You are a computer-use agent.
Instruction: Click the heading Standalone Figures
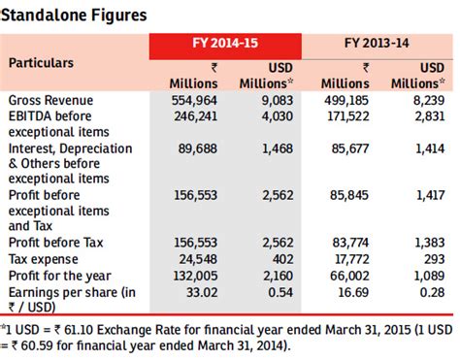[75, 15]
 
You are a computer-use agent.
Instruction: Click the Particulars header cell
[44, 62]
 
